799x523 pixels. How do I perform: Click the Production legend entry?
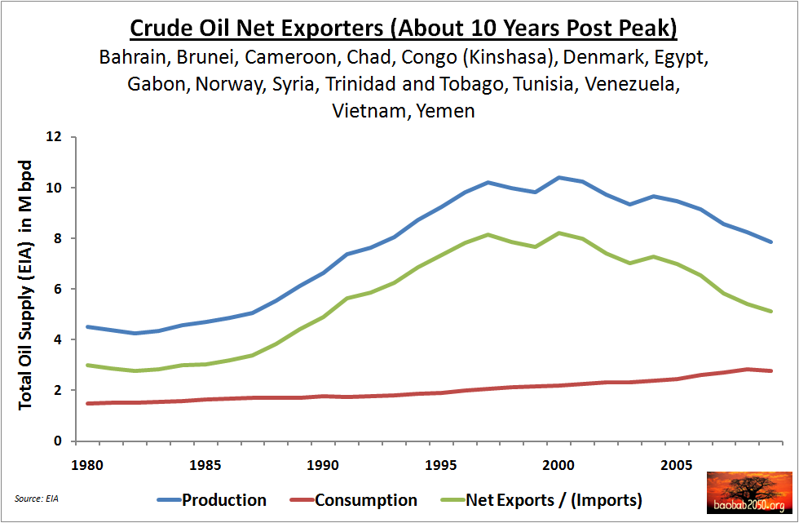(223, 499)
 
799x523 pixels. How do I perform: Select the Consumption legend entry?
(365, 499)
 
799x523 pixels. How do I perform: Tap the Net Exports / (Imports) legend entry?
(554, 499)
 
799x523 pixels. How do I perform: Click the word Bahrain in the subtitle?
(132, 58)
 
